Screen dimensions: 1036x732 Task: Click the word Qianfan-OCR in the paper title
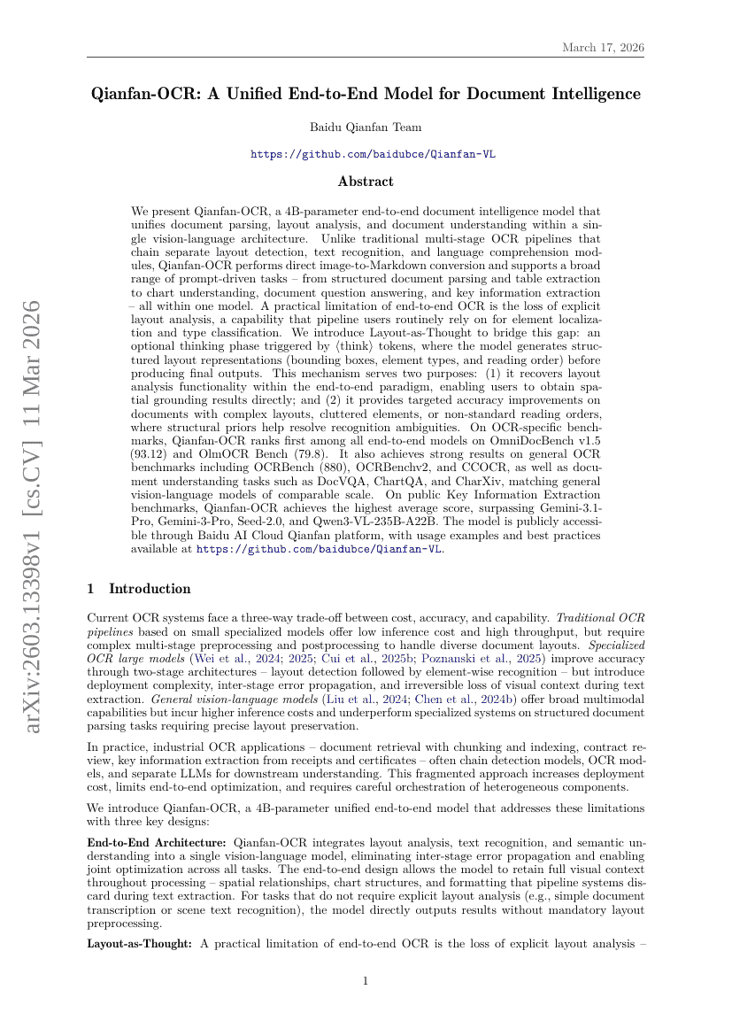[x=145, y=94]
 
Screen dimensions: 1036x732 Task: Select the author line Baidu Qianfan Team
[x=366, y=128]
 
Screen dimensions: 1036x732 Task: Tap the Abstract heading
[x=366, y=182]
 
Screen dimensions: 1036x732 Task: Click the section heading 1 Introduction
[x=138, y=589]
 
